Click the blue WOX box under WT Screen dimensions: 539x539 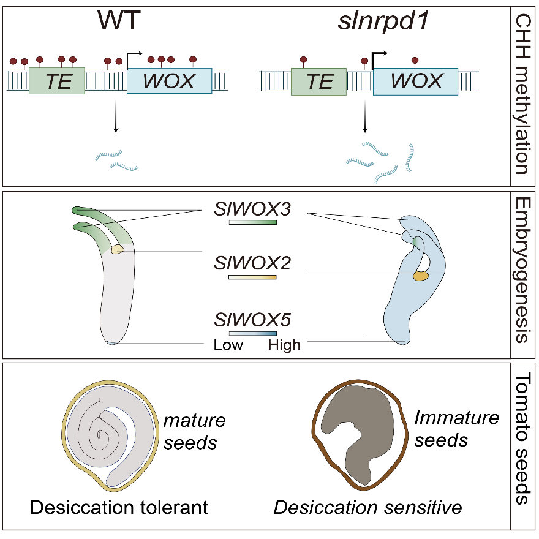(169, 80)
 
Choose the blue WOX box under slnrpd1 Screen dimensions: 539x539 (416, 80)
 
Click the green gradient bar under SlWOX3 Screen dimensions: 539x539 (252, 223)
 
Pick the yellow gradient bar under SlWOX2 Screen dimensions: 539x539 (252, 278)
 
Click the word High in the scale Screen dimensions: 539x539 (284, 345)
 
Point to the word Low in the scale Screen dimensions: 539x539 (228, 345)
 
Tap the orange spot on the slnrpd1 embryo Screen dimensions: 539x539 (420, 277)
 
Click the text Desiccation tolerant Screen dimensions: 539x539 (119, 507)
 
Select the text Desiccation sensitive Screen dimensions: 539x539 (367, 507)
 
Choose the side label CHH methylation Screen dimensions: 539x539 (524, 95)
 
